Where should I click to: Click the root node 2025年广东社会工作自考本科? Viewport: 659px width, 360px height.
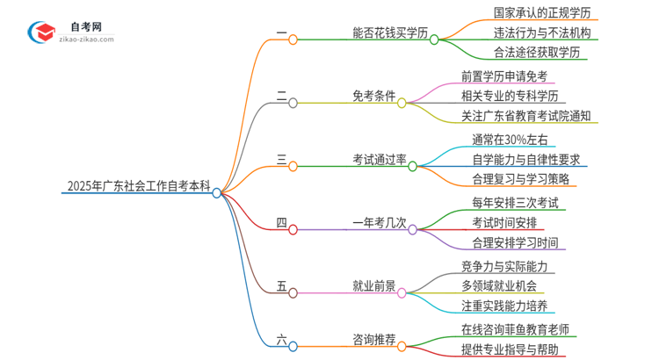138,186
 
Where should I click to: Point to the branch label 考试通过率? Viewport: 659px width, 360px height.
380,159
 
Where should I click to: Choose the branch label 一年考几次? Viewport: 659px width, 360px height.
380,222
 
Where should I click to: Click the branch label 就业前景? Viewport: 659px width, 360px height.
374,285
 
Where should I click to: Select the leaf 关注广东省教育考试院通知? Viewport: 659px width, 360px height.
525,116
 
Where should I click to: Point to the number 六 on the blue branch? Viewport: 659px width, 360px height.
281,339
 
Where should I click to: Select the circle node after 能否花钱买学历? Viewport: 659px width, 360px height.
433,40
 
